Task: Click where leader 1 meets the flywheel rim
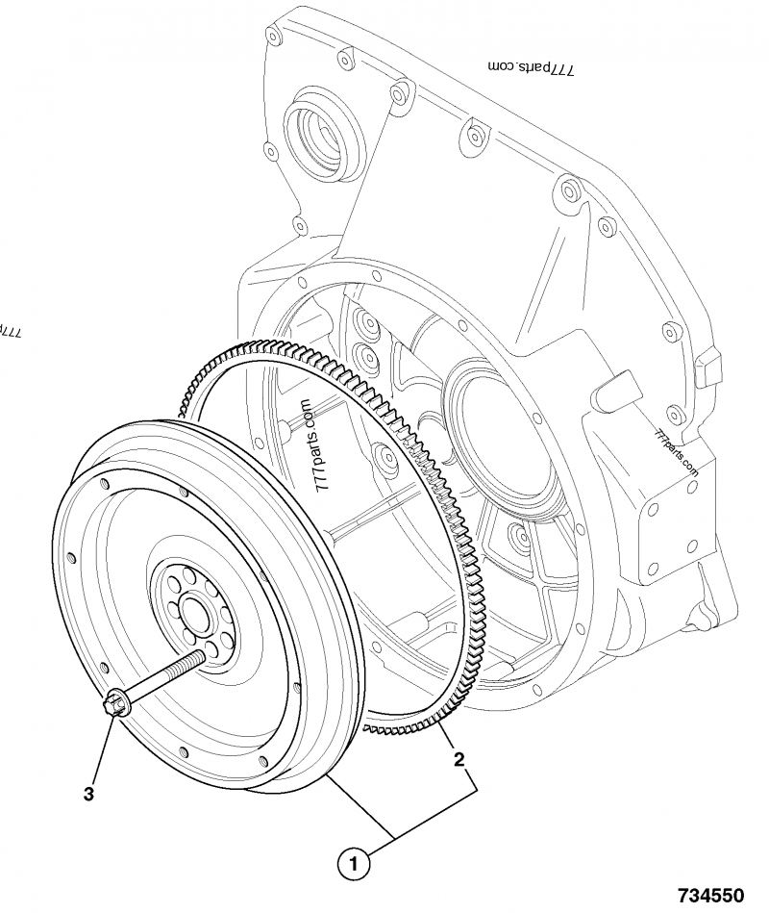pos(328,774)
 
